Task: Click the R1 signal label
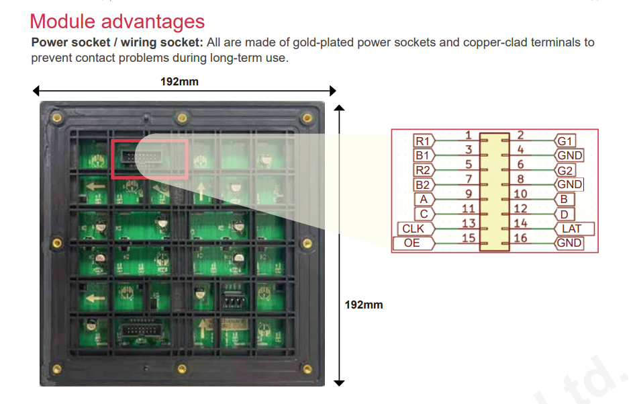424,140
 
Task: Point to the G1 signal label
565,140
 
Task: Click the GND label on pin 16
569,243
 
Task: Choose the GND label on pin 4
569,155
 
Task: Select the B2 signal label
424,185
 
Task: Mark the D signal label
565,214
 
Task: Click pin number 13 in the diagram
469,223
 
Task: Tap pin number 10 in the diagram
520,194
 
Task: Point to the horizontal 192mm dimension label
179,82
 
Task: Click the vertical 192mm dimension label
364,305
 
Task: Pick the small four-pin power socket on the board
234,299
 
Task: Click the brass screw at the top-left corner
57,118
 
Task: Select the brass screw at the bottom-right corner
307,369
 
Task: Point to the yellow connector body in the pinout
495,192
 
